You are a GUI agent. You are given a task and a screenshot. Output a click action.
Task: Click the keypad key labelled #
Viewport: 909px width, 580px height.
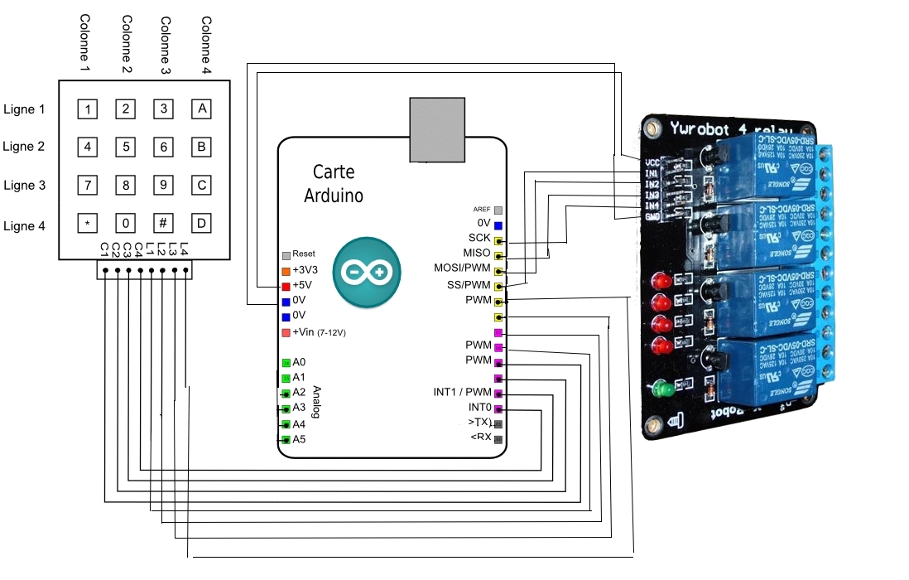tap(163, 223)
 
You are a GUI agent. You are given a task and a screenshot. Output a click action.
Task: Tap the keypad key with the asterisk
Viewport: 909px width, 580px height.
tap(87, 223)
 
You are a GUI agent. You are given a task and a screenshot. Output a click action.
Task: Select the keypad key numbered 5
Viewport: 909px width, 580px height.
tap(125, 147)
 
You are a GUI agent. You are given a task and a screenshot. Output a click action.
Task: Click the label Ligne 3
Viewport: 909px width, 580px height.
tap(24, 186)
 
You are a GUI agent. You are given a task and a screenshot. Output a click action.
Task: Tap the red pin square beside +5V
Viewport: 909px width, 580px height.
tap(286, 286)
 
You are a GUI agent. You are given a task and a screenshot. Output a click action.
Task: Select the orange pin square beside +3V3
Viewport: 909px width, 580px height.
tap(286, 271)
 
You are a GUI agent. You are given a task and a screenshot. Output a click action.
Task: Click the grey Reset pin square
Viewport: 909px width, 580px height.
tap(286, 255)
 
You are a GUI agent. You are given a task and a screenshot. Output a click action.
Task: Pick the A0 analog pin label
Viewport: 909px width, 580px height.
tap(299, 362)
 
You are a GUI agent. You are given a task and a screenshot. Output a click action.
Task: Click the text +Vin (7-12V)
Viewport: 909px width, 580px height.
tap(319, 332)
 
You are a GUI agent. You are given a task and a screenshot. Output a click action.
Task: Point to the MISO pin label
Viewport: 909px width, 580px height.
tap(477, 253)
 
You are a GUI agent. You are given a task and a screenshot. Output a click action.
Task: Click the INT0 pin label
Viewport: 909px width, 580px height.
tap(479, 408)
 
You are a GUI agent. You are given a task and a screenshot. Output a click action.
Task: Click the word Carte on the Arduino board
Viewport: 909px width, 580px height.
tap(334, 172)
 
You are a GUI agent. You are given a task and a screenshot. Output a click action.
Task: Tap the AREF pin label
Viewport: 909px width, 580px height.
tap(481, 210)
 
